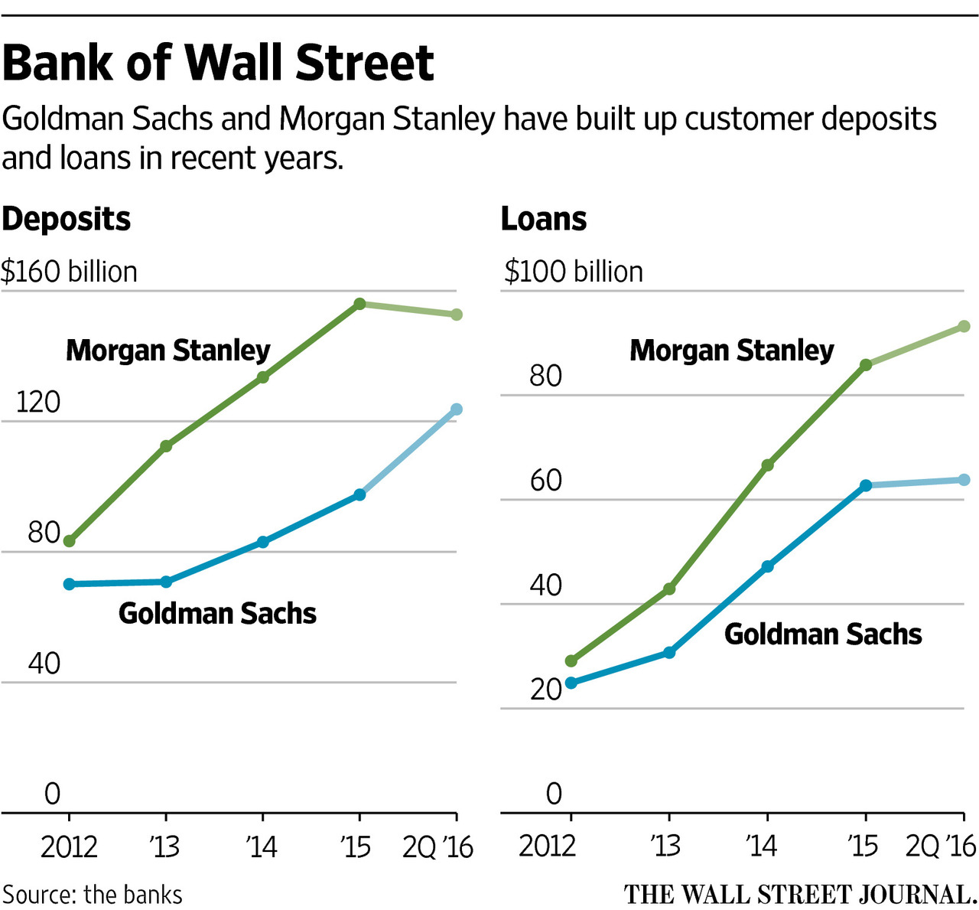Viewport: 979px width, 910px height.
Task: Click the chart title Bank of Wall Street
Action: [218, 63]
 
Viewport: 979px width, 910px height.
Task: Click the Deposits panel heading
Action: [67, 219]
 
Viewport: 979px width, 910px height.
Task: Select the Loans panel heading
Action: [544, 219]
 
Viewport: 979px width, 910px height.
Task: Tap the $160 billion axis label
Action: [69, 272]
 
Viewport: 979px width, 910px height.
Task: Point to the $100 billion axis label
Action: [573, 272]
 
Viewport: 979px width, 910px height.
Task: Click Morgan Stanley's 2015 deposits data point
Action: [359, 304]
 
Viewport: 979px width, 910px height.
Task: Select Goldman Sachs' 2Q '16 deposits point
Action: [457, 409]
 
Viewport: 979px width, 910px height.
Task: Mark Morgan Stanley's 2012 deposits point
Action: [69, 541]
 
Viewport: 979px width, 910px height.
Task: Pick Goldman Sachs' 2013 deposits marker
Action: [166, 582]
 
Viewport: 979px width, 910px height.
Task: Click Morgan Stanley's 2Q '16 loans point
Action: [964, 327]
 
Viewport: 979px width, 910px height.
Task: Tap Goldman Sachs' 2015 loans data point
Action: [866, 485]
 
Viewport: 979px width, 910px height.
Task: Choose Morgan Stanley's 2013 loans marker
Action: [669, 589]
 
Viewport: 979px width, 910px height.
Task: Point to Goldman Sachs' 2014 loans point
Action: [767, 566]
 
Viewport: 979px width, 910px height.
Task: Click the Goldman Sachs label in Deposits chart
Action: [217, 613]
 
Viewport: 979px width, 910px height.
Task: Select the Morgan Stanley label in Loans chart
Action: [731, 351]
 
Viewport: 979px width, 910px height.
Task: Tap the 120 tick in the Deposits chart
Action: [37, 402]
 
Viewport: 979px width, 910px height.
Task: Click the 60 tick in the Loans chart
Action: [545, 481]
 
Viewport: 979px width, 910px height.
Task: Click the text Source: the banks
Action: [93, 895]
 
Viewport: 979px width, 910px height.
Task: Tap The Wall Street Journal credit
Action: [800, 895]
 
